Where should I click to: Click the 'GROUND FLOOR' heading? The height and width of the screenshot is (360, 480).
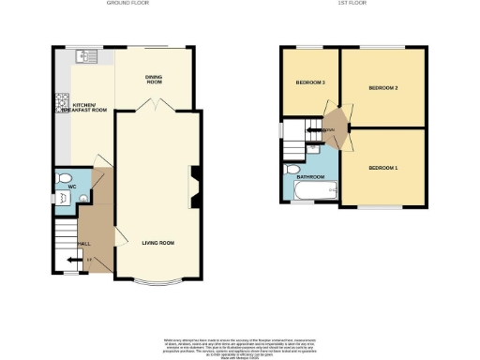124,4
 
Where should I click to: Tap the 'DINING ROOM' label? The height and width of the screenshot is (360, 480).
155,80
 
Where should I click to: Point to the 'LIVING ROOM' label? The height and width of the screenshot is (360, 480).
158,243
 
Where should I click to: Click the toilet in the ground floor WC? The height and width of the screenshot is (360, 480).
64,178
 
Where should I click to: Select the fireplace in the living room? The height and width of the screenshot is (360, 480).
194,185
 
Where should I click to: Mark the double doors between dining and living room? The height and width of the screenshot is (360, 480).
157,105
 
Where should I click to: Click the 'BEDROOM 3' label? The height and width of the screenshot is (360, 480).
310,82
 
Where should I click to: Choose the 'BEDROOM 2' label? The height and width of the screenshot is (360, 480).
383,88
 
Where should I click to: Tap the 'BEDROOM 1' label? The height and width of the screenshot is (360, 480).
382,168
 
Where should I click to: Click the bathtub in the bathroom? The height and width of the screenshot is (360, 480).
313,192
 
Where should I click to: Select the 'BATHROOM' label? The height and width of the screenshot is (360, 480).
310,176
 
